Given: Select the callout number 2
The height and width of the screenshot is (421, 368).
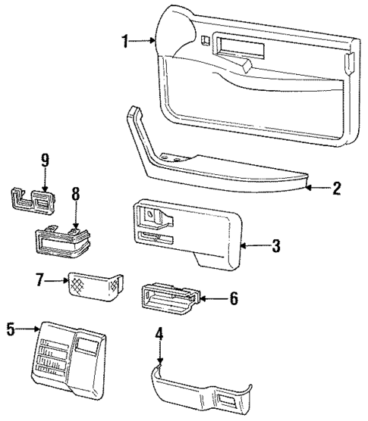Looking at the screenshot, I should point(336,189).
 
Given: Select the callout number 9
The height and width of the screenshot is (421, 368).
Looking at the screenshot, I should point(45,160).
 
